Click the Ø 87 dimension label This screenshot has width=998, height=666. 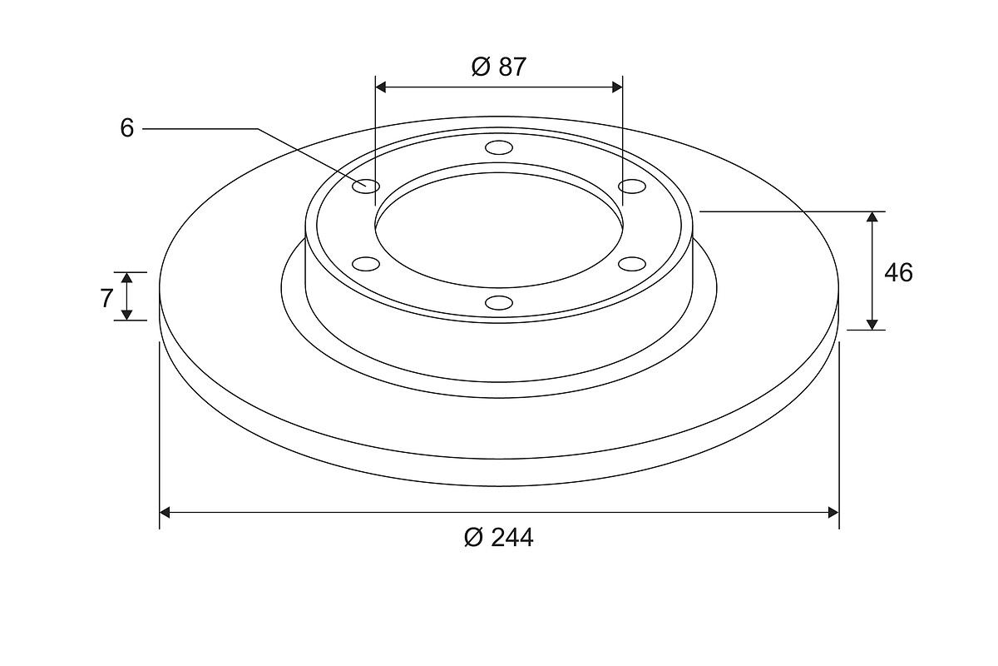498,67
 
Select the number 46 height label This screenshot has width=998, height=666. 898,272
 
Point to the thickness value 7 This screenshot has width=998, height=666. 106,298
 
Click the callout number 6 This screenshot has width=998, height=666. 127,128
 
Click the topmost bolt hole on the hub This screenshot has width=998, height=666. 499,147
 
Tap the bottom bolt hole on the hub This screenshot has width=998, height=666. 499,302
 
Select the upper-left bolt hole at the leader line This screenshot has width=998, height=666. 366,186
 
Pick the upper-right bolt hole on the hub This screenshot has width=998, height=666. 632,186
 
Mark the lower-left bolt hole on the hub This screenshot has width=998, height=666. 366,264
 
